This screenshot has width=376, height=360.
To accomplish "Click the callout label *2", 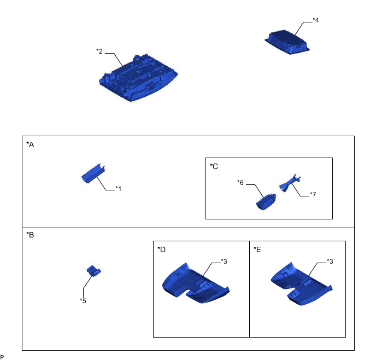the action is [99, 51].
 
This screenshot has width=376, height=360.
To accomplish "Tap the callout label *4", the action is [315, 20].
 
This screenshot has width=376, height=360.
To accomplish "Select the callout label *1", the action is [118, 189].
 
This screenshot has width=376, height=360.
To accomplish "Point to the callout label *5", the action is [83, 301].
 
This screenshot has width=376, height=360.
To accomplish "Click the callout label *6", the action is [240, 183].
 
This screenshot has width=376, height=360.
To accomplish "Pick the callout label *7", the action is [313, 194].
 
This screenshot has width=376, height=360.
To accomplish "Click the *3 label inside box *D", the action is [224, 262].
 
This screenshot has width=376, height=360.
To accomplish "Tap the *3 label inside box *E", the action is [330, 262].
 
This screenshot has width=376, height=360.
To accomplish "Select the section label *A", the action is [30, 144].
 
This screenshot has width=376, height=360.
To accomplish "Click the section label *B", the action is [30, 235].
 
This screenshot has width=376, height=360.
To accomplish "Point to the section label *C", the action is [214, 166].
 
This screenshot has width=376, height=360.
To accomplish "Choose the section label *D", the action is [161, 249].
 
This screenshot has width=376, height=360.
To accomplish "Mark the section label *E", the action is [257, 249].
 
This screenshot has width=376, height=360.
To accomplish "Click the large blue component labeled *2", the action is [138, 78].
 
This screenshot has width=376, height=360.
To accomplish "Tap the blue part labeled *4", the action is [287, 42].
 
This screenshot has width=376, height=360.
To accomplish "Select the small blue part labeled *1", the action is [93, 173].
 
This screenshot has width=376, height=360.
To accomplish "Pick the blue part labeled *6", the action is [266, 201].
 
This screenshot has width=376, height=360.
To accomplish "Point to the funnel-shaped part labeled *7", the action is [290, 183].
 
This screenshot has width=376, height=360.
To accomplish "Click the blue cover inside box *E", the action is [302, 284].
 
